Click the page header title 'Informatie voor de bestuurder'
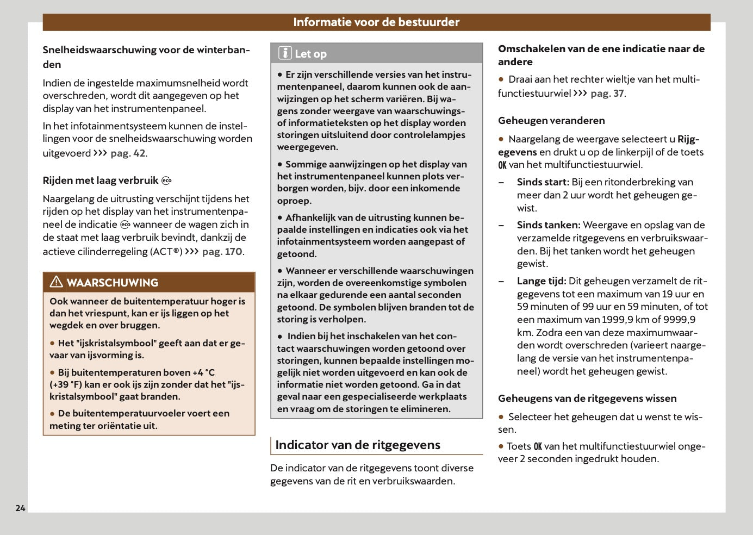376,22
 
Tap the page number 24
20,508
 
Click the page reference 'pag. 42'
128,153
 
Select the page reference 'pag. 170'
222,252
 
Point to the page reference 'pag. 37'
607,94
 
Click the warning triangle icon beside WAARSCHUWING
57,282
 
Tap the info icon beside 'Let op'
285,53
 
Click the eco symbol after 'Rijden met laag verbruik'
166,181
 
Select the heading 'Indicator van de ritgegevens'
358,445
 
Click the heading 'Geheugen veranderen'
551,121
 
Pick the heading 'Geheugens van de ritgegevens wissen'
587,399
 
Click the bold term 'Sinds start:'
543,182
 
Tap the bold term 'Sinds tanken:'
548,225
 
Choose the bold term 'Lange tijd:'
541,281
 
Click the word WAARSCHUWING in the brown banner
113,283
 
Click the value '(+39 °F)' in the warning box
66,385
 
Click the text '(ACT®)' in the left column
166,252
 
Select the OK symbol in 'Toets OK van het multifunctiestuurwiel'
538,447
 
